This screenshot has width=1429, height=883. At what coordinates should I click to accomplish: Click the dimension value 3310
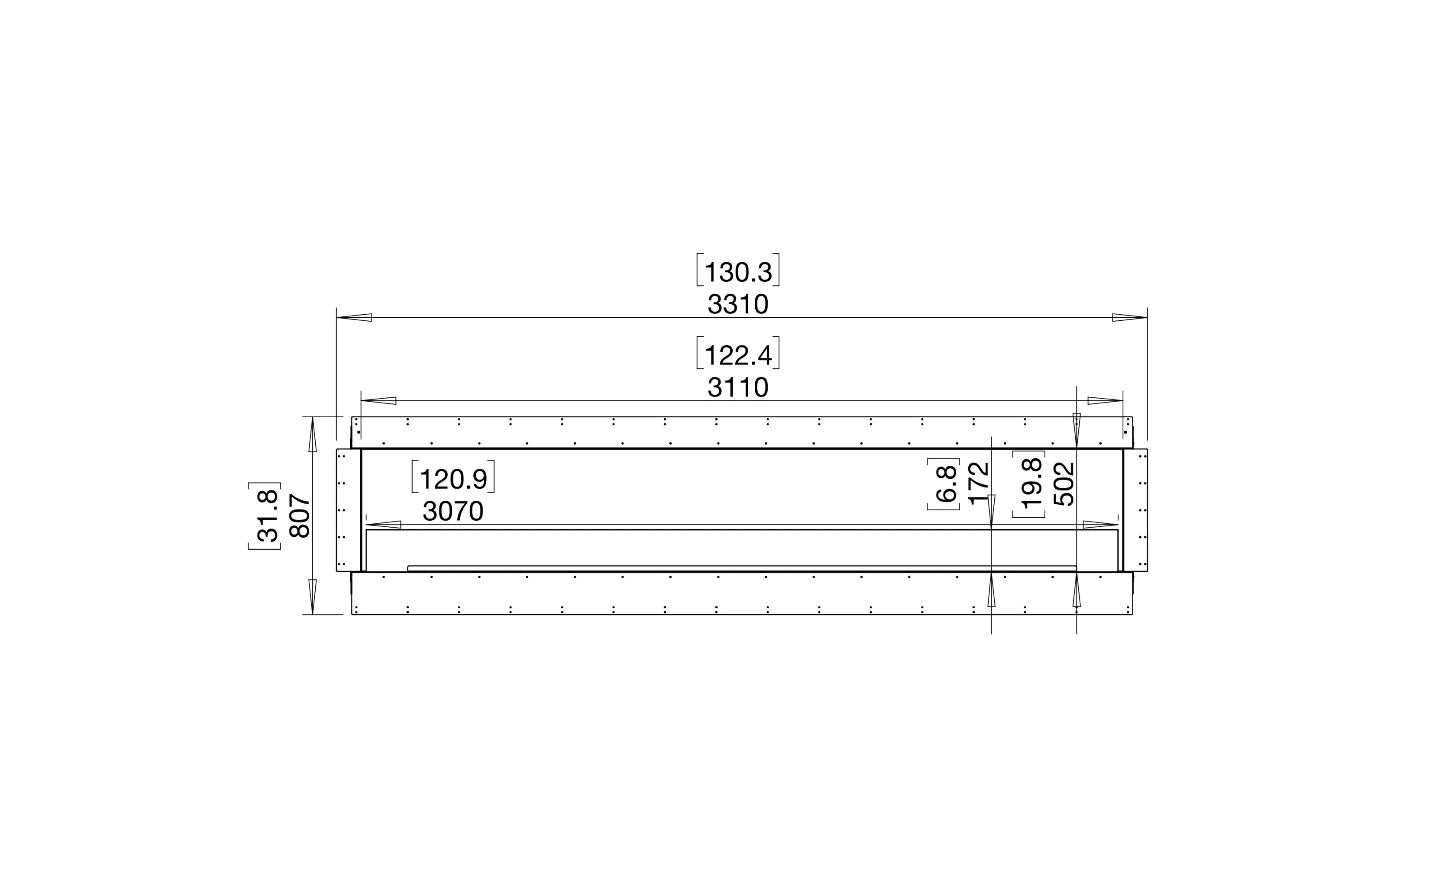coord(738,304)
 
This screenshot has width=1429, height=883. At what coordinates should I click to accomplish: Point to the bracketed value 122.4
coord(738,355)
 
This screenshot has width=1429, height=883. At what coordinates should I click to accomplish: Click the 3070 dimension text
coord(453,512)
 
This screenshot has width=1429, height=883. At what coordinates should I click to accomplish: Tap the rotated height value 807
coord(300,516)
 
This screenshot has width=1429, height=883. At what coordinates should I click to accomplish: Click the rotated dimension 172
coord(979,483)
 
